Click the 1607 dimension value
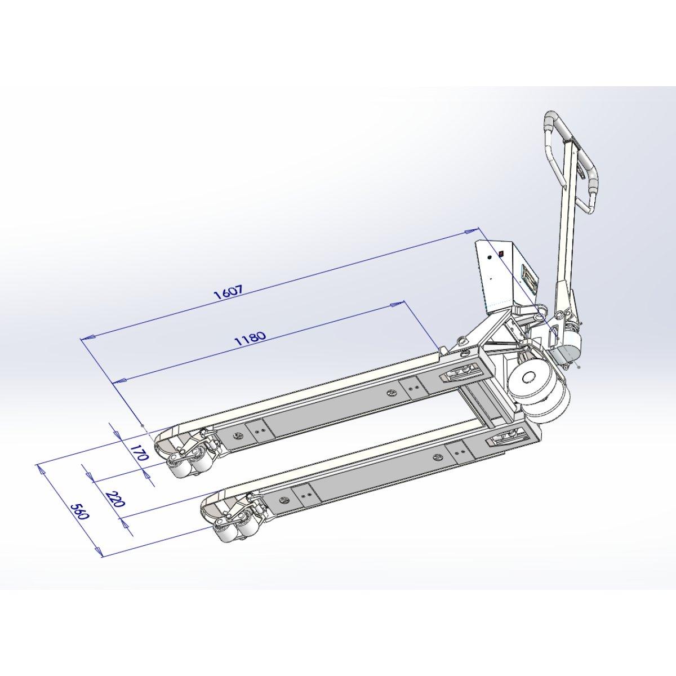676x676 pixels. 228,292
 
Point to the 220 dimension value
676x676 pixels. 115,499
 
